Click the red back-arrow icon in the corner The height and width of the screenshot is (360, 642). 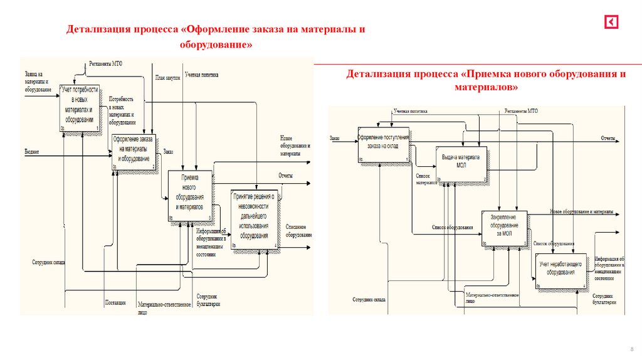pos(611,22)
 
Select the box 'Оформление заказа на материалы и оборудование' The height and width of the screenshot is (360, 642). pos(134,151)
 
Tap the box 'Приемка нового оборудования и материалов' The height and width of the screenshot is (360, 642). pos(189,196)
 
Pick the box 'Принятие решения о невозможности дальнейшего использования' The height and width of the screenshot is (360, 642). pos(255,220)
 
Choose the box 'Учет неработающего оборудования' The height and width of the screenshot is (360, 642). pos(561,270)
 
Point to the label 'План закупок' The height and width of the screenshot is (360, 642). pos(167,78)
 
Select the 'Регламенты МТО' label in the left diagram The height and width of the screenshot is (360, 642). pos(105,63)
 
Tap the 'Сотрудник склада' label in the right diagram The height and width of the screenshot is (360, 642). pos(369,300)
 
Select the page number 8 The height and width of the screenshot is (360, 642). pos(630,348)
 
